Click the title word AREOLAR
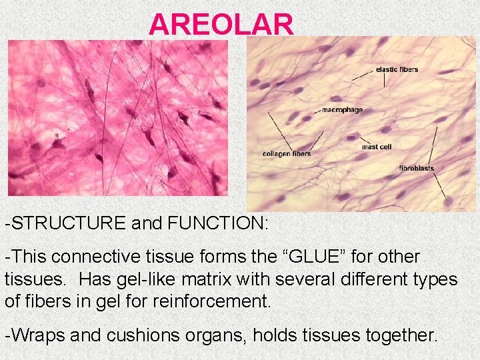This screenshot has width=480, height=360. (221, 25)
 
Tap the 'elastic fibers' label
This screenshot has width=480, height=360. (397, 69)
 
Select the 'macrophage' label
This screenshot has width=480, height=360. (342, 109)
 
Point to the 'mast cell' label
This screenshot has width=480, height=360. (377, 147)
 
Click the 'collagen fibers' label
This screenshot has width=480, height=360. (287, 154)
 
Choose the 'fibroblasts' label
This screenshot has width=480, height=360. (417, 168)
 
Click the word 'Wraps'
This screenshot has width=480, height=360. (37, 335)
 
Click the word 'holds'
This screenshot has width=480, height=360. (275, 335)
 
